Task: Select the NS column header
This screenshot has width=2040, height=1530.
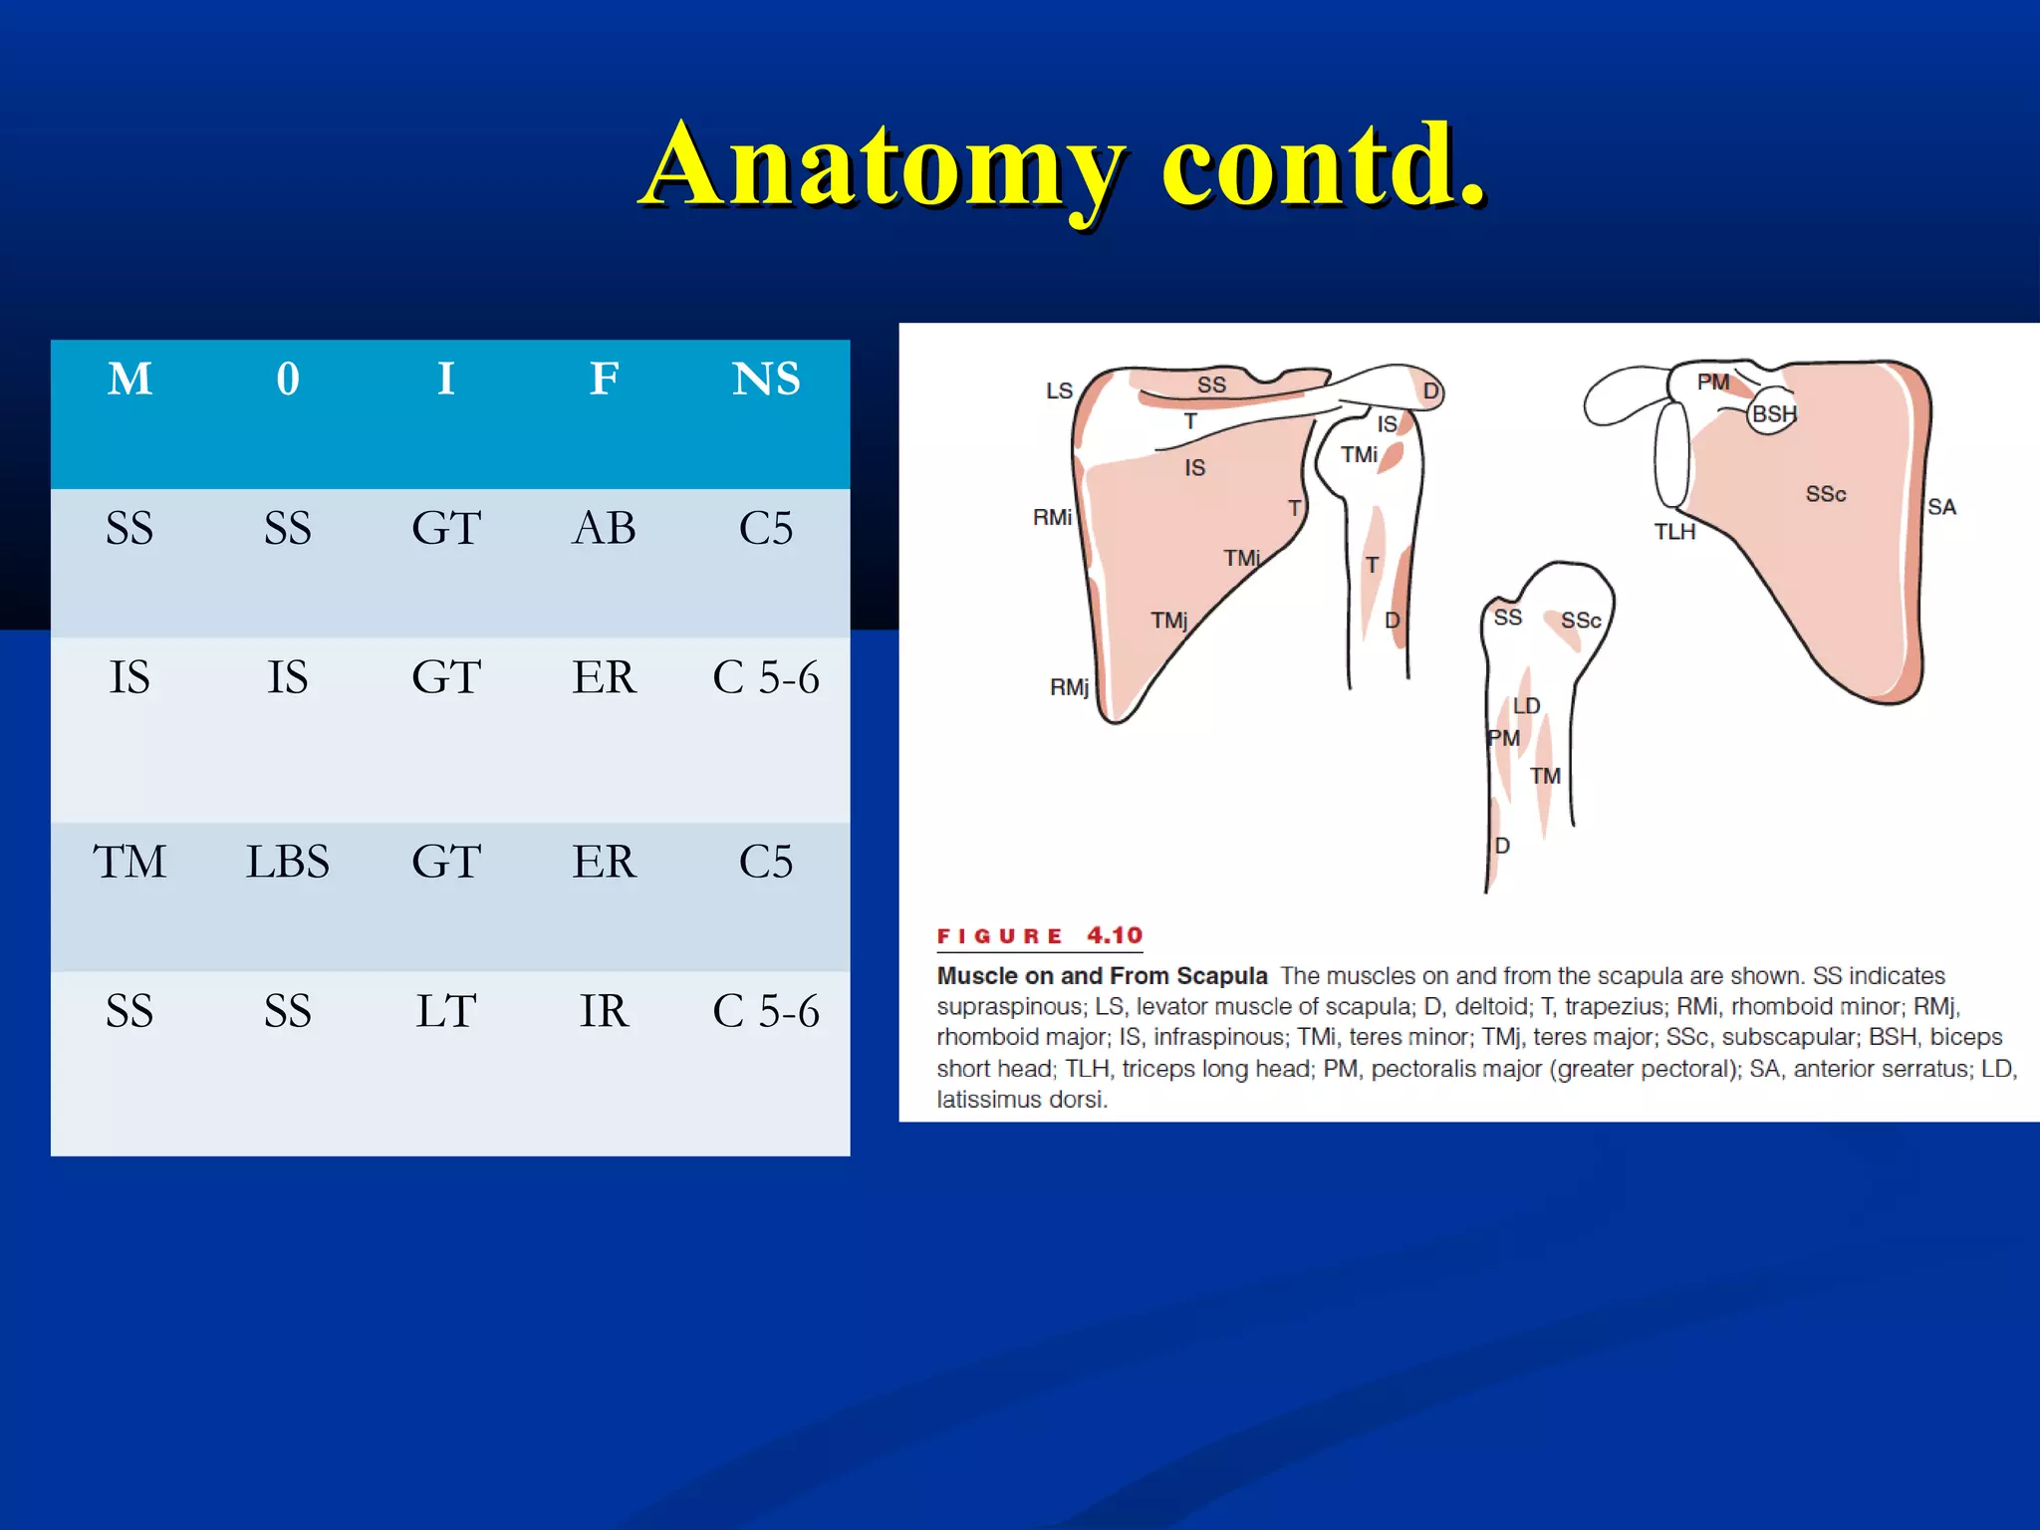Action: (x=765, y=380)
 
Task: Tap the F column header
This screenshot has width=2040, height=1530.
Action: (x=604, y=380)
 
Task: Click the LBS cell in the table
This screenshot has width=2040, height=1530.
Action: (x=287, y=862)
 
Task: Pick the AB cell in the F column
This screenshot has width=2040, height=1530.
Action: (x=604, y=528)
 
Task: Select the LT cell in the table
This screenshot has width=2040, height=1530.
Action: (x=445, y=1011)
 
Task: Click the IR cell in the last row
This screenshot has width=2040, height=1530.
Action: (x=604, y=1011)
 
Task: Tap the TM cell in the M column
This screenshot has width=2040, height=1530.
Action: (x=129, y=862)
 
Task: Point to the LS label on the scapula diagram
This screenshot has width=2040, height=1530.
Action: (x=1059, y=390)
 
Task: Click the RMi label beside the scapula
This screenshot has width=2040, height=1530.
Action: (x=1052, y=517)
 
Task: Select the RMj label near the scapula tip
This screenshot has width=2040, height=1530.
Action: (x=1069, y=687)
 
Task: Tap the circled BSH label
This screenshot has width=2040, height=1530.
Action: (x=1774, y=414)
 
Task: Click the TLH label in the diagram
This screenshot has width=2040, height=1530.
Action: (x=1674, y=532)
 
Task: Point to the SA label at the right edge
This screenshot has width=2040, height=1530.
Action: (x=1941, y=507)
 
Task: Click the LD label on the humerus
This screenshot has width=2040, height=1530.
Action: (x=1526, y=705)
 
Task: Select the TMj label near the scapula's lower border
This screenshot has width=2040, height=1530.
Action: (x=1169, y=621)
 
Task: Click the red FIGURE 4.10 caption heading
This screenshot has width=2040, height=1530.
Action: (x=1039, y=935)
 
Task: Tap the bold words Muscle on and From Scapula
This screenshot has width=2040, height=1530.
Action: (x=1102, y=975)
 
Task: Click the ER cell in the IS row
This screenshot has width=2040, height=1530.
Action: (x=604, y=677)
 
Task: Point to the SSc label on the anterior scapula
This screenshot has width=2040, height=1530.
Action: (x=1826, y=494)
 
